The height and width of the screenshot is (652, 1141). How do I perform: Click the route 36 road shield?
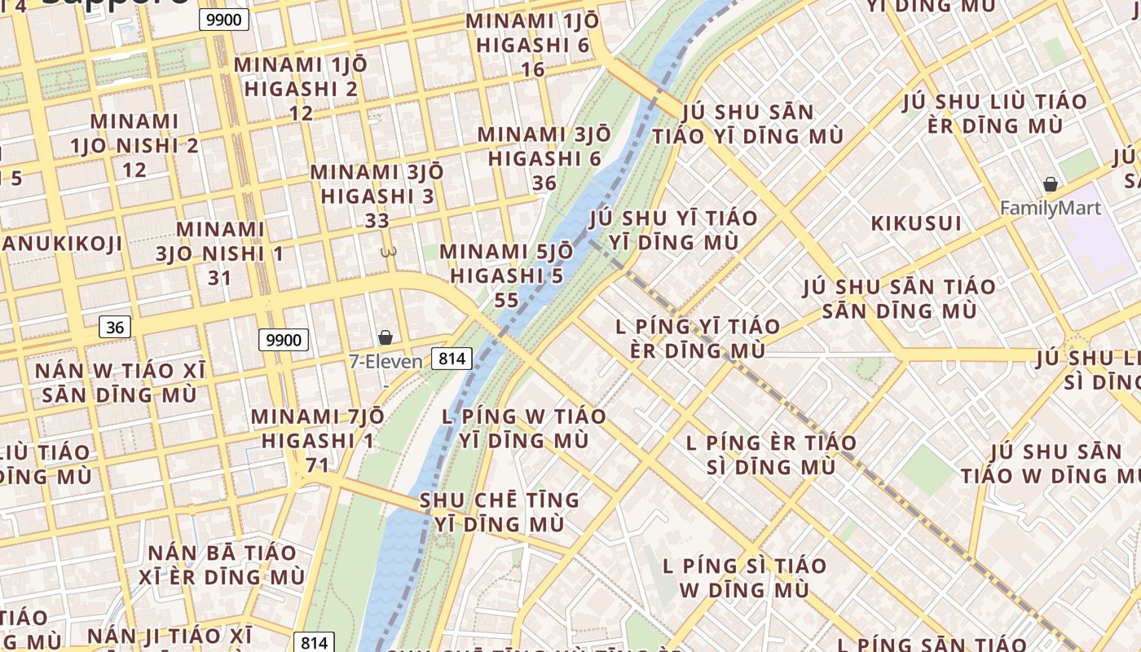115,328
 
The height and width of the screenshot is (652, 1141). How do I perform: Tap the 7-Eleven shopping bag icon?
385,337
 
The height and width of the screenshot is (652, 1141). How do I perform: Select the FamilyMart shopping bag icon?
1051,185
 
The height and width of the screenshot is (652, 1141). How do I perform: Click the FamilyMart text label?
1051,208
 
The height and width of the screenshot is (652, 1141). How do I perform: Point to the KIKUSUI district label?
916,223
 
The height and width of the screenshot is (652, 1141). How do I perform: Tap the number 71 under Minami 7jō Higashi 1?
317,465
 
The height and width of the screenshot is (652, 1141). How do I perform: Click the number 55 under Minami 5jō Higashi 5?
506,300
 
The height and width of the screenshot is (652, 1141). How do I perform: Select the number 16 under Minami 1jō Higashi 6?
533,69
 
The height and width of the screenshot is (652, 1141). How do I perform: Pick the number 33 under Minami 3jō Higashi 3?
377,221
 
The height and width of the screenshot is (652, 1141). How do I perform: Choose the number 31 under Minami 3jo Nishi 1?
220,278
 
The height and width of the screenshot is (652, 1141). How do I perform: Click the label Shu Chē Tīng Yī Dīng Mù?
499,512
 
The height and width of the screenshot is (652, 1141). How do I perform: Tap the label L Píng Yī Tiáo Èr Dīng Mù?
698,338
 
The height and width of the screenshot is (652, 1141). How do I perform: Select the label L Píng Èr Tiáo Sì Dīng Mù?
771,455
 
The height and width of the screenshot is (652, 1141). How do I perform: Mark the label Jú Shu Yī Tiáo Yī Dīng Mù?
673,230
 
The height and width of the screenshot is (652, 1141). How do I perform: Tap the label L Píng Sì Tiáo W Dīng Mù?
744,577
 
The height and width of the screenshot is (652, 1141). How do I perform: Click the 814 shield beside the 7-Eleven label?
452,359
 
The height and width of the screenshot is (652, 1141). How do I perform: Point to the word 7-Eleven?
385,361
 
